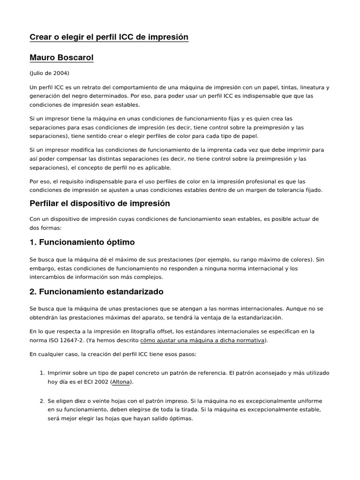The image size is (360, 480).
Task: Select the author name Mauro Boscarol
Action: [x=61, y=58]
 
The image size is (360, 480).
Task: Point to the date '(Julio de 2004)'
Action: [x=49, y=73]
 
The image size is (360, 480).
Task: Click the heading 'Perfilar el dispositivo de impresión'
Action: [x=99, y=203]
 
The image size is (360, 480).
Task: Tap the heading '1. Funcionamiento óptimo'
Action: [x=82, y=242]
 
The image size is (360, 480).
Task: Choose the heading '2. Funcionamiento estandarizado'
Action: [x=97, y=292]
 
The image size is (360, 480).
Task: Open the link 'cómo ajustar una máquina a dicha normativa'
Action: [x=202, y=340]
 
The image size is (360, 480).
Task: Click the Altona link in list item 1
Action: [x=121, y=382]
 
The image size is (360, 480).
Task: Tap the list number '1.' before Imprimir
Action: [x=42, y=373]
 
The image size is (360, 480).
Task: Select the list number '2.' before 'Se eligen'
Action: [x=42, y=401]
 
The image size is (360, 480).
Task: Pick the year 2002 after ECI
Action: [x=101, y=382]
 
